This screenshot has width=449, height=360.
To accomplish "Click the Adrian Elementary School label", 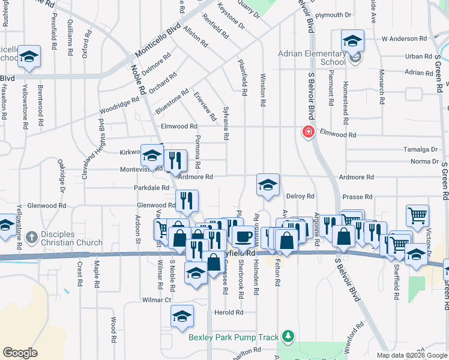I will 312,58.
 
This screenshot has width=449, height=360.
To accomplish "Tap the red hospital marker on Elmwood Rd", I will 309,131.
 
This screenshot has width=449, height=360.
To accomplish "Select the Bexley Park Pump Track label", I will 235,337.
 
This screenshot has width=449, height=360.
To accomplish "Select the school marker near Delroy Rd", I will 268,185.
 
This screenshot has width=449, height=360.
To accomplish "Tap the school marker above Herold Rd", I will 182,316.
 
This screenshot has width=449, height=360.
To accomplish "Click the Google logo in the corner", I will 20,353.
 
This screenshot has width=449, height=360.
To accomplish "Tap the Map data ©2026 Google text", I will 412,355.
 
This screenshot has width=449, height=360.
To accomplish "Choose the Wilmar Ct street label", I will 157,299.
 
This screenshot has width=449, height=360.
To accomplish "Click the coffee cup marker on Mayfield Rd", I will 243,236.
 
